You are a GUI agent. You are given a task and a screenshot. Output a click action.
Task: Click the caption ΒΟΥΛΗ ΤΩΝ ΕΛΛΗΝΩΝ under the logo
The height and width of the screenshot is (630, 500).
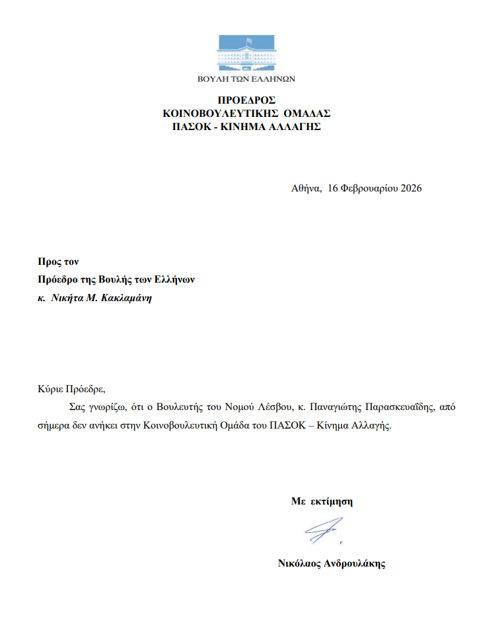click(x=246, y=79)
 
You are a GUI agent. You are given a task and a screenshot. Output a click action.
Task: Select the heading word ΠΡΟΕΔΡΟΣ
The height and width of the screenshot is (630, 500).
click(x=246, y=101)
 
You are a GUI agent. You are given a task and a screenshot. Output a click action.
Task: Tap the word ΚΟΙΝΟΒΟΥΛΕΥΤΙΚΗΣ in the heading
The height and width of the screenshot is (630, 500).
click(x=214, y=114)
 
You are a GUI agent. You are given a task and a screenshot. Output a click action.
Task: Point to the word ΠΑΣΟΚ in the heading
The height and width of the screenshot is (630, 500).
click(x=189, y=126)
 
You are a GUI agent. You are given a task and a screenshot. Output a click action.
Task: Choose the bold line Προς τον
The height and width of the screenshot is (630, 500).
click(x=58, y=262)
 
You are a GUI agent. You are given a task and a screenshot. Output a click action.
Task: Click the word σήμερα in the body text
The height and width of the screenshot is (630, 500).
click(x=53, y=425)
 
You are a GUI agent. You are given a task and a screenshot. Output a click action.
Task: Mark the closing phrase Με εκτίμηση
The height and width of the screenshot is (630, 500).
click(x=322, y=501)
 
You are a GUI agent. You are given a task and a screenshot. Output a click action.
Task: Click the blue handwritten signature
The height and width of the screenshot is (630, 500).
click(x=323, y=530)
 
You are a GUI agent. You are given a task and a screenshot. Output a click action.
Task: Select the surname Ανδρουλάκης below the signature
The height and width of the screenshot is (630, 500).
click(x=355, y=564)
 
